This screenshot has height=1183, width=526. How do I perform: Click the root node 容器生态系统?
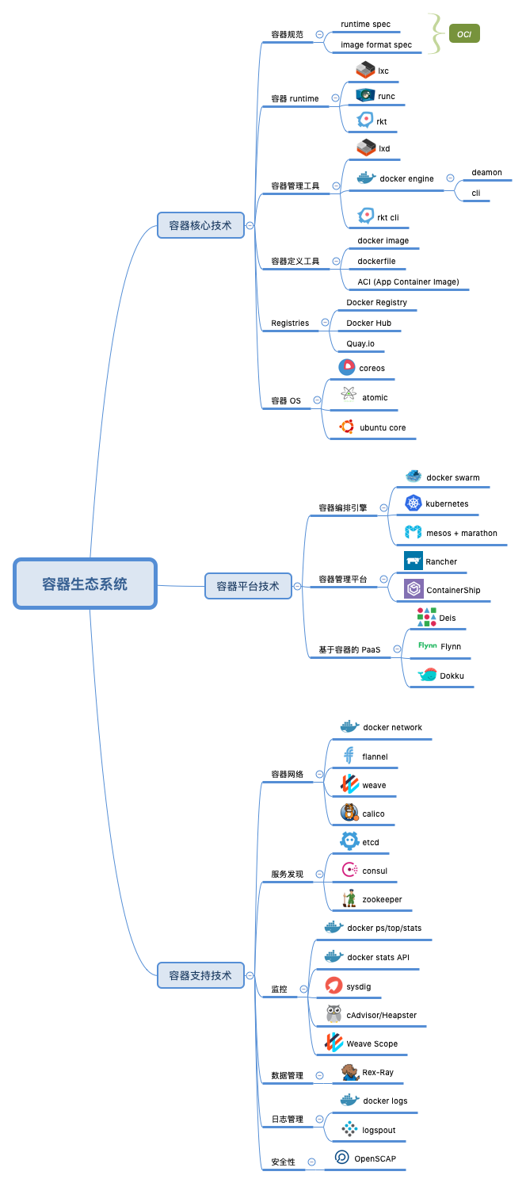(85, 584)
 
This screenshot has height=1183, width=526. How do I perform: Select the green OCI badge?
(464, 34)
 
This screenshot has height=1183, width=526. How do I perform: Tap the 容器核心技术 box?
(200, 225)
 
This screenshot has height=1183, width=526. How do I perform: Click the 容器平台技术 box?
(248, 586)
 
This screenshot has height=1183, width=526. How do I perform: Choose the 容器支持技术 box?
(200, 974)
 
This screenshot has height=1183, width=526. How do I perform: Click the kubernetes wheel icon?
(413, 503)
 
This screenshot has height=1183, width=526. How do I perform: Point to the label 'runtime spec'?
(365, 25)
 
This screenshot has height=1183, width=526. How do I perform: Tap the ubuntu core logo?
(346, 427)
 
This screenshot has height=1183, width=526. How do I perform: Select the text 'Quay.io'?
(360, 344)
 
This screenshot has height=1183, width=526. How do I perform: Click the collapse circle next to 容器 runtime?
(335, 98)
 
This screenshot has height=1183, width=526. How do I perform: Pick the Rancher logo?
(413, 561)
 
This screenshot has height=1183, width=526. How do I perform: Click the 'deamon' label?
(486, 172)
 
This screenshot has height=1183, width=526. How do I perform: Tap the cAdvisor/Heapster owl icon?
(334, 1014)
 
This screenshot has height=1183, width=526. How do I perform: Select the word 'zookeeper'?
(382, 899)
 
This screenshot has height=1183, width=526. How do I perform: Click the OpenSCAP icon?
(342, 1158)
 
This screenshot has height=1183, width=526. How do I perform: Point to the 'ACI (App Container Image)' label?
(408, 282)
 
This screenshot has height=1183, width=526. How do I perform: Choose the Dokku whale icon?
(427, 675)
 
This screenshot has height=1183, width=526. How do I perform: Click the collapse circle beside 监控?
(303, 989)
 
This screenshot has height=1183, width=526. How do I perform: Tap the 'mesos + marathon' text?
(462, 533)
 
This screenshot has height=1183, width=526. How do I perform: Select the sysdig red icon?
(334, 986)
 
